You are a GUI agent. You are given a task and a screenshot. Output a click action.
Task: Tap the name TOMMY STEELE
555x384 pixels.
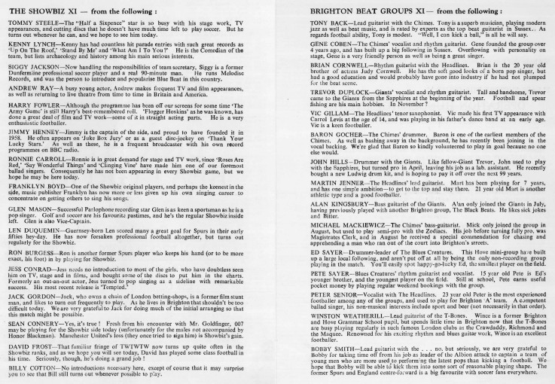coord(28,23)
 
